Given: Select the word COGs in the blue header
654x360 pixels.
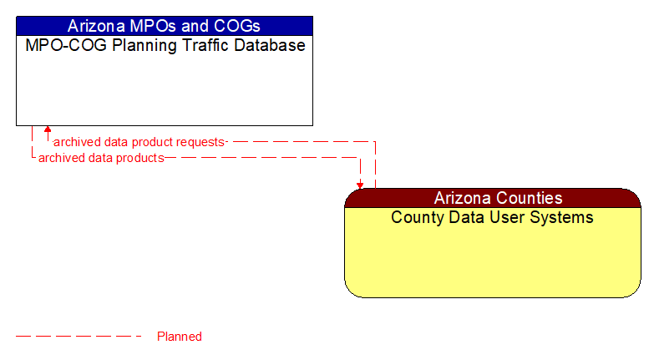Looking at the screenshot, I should (x=236, y=25).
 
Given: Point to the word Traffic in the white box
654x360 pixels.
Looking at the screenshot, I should (x=195, y=46).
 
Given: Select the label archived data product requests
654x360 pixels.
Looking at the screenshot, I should (x=139, y=142).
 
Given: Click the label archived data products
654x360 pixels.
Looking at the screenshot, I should (x=101, y=157).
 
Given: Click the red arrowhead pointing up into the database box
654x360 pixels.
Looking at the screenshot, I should (x=48, y=129).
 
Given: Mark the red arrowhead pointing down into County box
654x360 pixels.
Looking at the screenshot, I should (x=360, y=185).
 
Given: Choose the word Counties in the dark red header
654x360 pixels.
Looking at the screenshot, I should (x=528, y=198).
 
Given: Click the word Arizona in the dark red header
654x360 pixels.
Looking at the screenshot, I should (x=464, y=198).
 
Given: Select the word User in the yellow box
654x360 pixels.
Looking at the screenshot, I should (x=501, y=218).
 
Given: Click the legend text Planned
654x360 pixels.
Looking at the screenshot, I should (x=180, y=337).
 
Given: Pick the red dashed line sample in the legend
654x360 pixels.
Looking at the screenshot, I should (x=79, y=337).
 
